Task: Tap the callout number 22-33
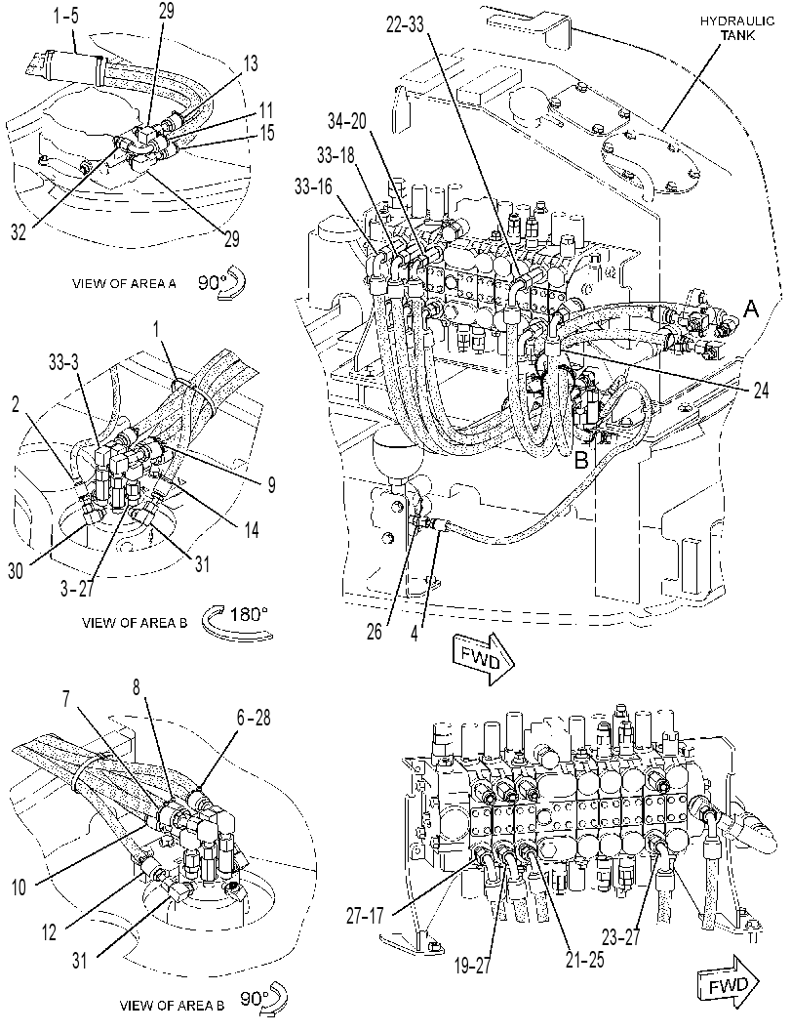(405, 25)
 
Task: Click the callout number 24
(761, 391)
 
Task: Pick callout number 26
(375, 632)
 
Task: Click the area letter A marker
(752, 308)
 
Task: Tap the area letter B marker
(582, 460)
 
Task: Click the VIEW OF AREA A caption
(124, 284)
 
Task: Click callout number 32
(19, 232)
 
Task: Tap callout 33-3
(65, 362)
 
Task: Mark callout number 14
(253, 528)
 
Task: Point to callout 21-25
(584, 959)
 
